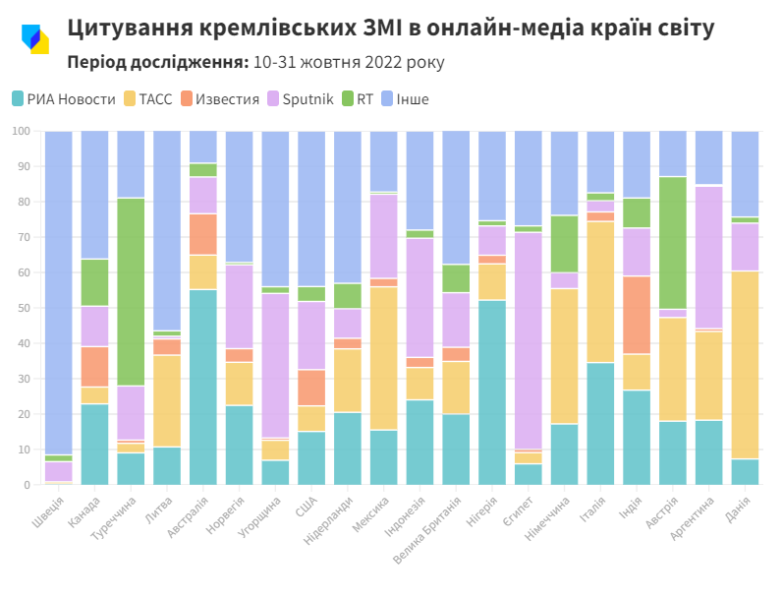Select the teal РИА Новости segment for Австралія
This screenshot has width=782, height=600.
(x=203, y=387)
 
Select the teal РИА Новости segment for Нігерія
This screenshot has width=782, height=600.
(x=492, y=392)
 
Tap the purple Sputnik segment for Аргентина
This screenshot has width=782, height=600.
(x=709, y=257)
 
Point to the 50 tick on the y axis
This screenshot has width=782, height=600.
(x=22, y=308)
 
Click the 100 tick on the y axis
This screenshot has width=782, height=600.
(x=20, y=131)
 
